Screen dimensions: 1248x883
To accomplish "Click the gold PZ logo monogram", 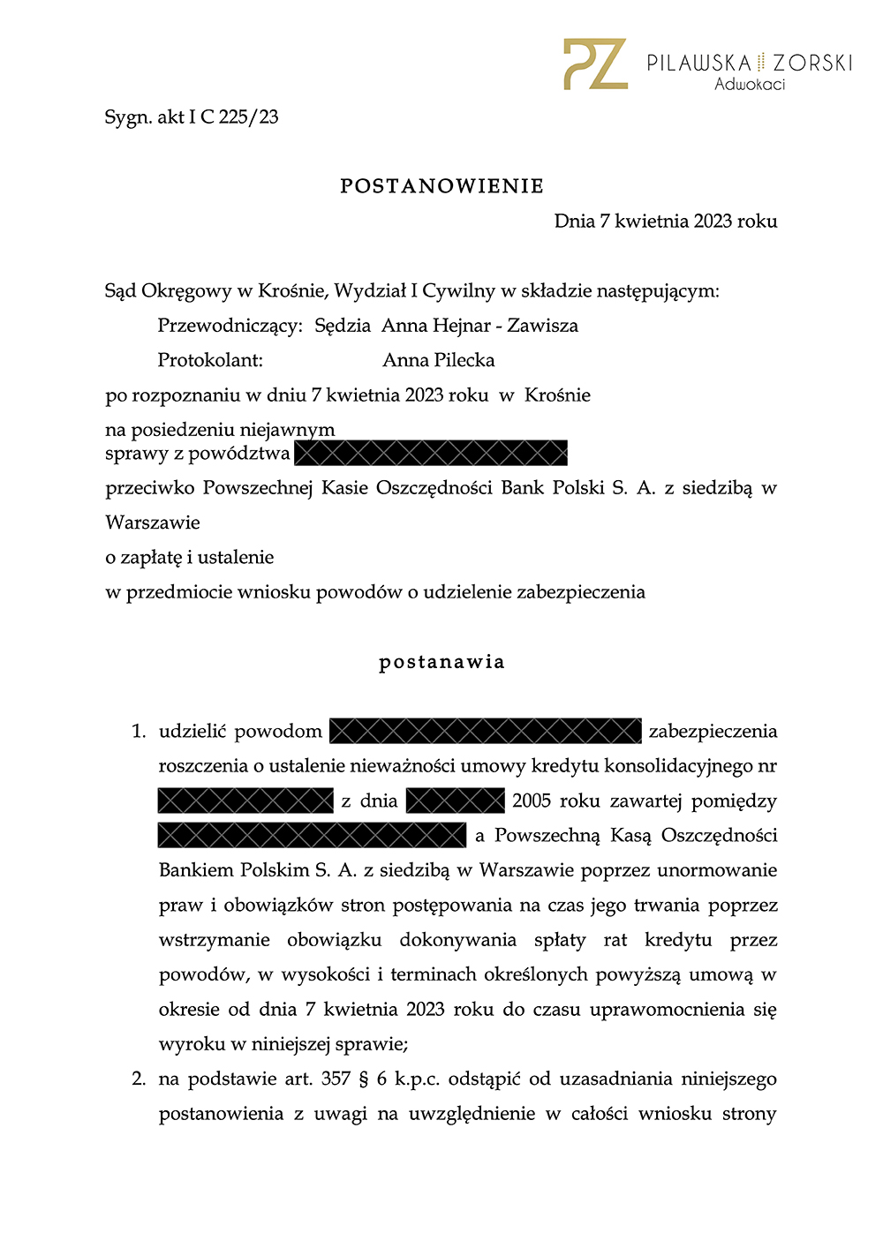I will click(595, 64).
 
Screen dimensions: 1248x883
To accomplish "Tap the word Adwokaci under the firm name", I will click(749, 85).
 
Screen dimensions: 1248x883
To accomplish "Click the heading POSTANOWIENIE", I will click(441, 186).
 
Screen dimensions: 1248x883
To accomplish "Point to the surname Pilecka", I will click(464, 360).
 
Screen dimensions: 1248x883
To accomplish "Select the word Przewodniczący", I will click(230, 326).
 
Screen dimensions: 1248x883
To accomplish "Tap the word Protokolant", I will click(210, 360).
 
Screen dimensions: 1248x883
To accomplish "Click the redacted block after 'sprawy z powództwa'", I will click(431, 453).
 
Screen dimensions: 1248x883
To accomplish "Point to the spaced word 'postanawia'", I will click(441, 662).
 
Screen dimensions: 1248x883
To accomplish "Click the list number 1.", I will click(138, 732).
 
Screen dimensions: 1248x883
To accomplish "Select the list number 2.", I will click(138, 1079).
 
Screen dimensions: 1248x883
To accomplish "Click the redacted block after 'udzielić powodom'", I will click(485, 731).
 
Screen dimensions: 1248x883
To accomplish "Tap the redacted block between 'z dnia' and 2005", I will click(455, 801).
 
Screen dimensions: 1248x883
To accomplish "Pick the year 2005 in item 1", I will click(532, 801).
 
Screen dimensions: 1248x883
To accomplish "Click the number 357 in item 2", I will click(336, 1079).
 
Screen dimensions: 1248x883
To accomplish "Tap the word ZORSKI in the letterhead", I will click(812, 63).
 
